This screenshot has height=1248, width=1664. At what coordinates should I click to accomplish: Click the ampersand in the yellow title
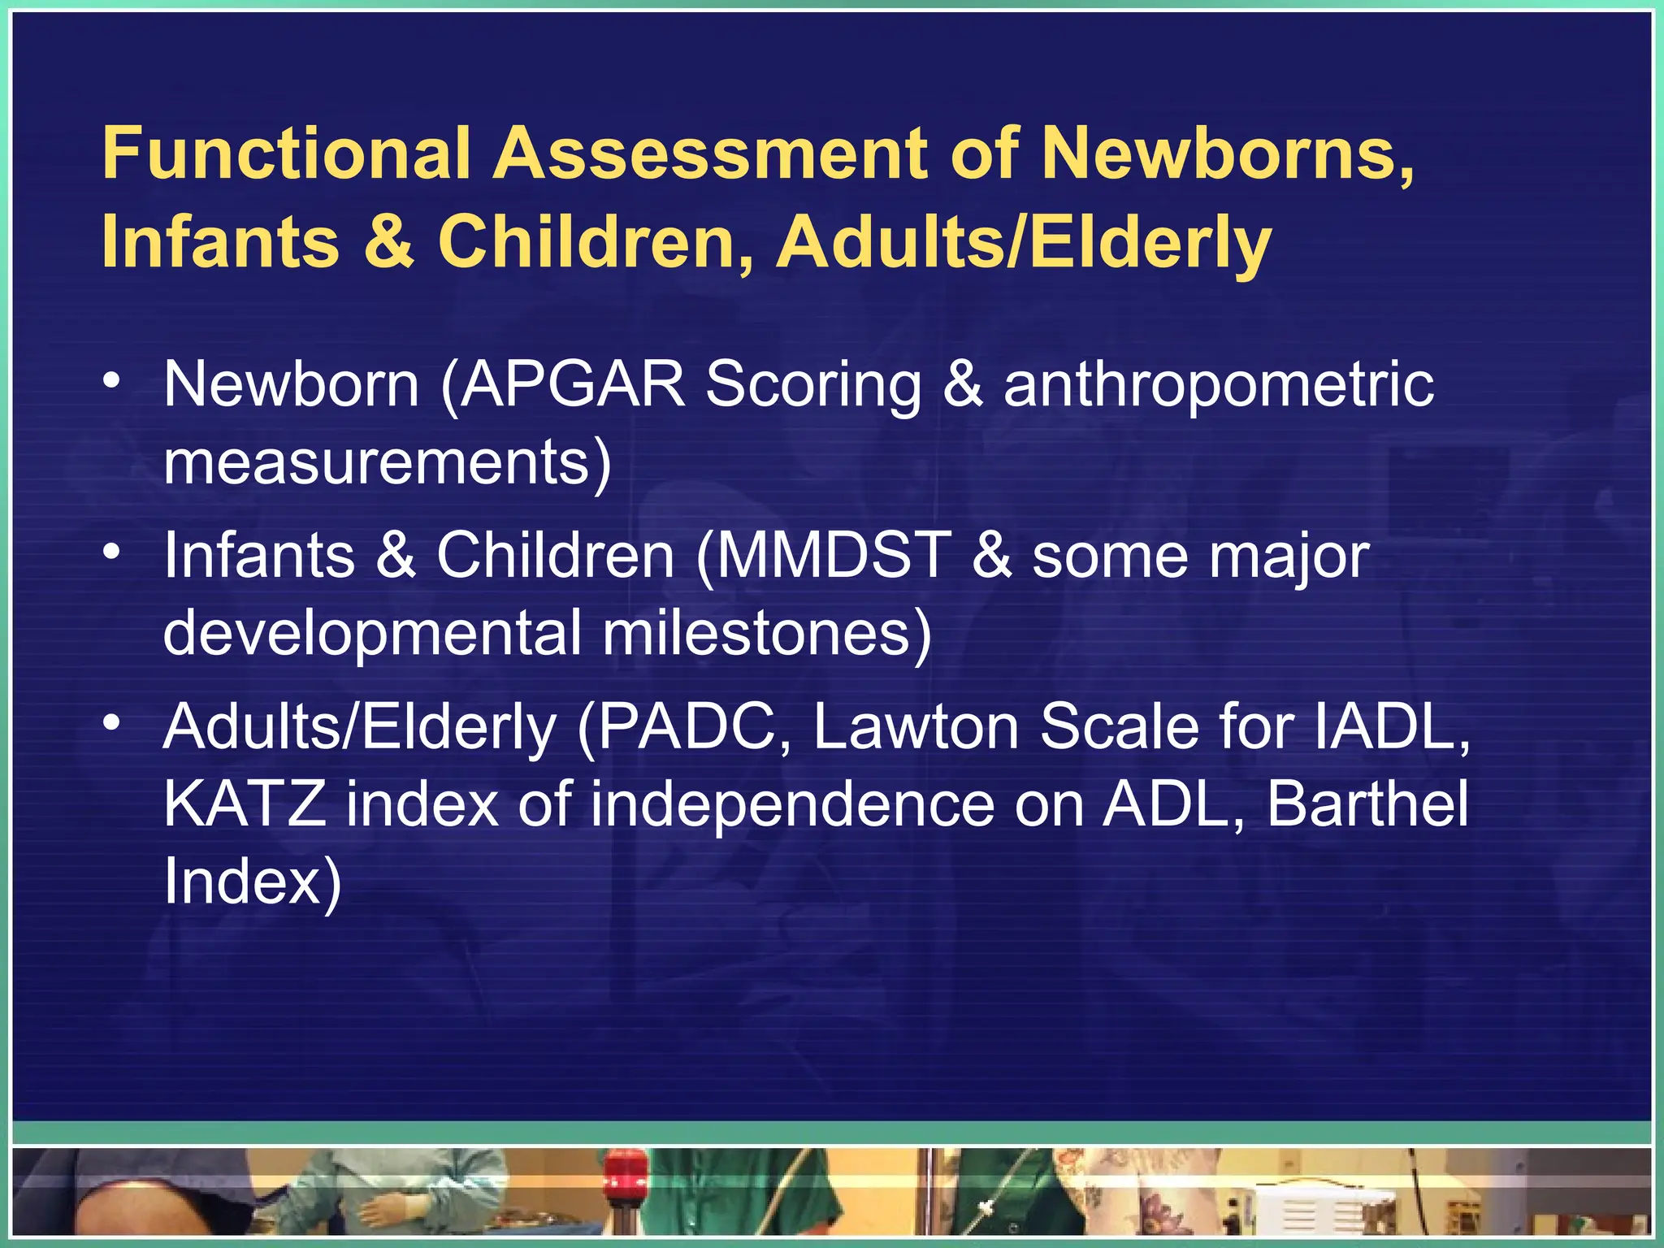coord(388,241)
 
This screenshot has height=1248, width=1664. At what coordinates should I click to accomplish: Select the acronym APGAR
coord(574,383)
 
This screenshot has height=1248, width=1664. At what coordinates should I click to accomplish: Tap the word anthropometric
coord(1219,385)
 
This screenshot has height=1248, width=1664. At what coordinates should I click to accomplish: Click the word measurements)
coord(387,461)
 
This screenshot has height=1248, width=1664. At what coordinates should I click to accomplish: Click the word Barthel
coord(1367,804)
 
